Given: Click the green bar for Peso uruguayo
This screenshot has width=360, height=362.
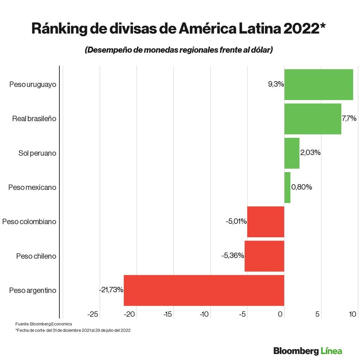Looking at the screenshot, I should pos(319,84).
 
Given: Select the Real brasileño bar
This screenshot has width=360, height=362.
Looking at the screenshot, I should pos(312,119).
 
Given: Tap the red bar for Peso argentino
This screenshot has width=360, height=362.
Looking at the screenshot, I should pos(204,290).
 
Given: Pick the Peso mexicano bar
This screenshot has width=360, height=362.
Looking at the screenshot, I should pos(287,187).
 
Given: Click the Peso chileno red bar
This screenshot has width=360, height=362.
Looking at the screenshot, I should pos(264,256).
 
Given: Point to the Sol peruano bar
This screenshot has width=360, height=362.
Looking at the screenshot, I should pos(292,153).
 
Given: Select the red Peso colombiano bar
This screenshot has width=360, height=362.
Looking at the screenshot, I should pos(266,222).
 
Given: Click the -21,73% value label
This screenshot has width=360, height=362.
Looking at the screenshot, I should pos(111,289).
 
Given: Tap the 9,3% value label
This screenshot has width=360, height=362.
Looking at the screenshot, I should pos(276,84).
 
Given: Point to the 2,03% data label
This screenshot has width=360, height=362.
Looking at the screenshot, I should pos(310,153).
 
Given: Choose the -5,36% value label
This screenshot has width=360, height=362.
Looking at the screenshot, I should pos(233,255).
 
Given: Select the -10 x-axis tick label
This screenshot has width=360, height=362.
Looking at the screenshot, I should pos(204,314).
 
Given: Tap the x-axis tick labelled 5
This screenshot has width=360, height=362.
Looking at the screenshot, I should pos(318,314).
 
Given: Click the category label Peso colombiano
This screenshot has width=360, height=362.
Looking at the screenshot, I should pos(29,222).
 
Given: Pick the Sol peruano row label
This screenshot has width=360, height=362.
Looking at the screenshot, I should pos(37,153).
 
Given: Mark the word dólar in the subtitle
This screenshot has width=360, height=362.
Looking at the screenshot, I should pos(259,50).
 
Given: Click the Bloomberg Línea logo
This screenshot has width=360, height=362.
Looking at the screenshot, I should pos(307,351).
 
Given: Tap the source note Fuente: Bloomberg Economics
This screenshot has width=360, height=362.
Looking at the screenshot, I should pos(44,324).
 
